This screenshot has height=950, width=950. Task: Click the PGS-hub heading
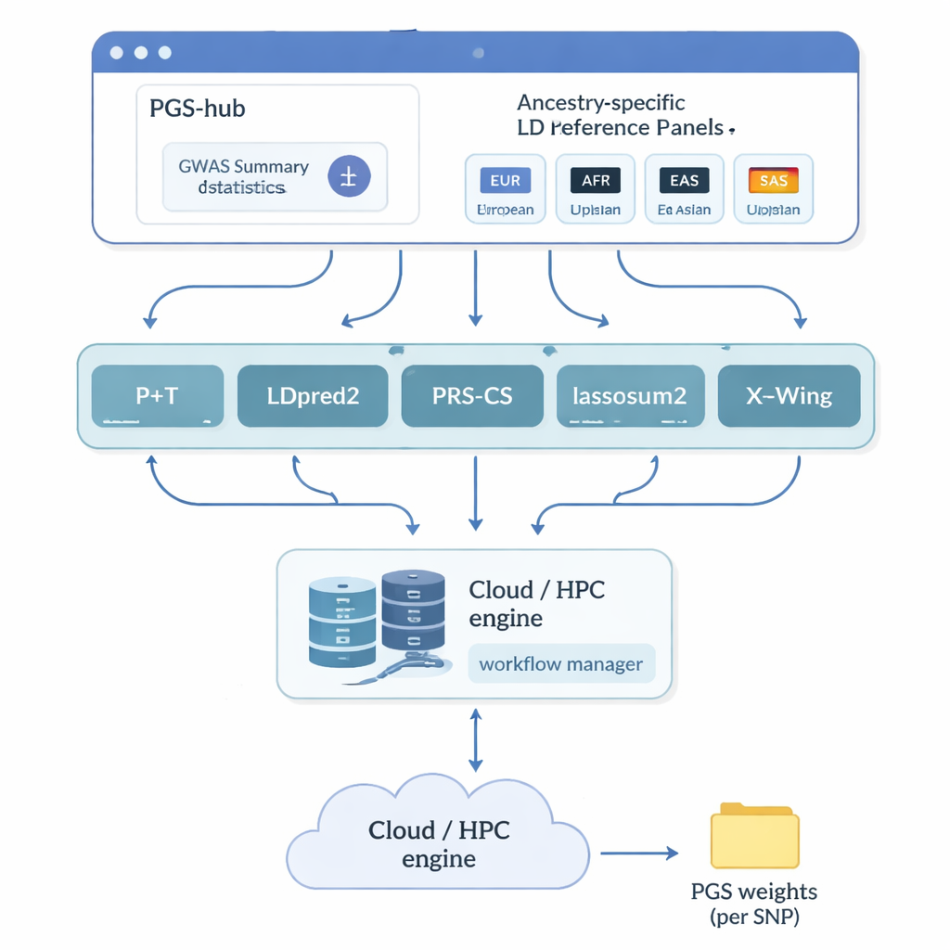(x=198, y=109)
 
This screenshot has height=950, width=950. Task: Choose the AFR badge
(x=595, y=180)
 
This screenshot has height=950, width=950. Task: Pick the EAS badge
(x=684, y=180)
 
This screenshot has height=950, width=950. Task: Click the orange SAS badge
(x=773, y=180)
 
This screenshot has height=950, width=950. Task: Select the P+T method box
(x=158, y=396)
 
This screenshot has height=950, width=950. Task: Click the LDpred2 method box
(x=313, y=396)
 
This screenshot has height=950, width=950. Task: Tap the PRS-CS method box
(x=472, y=396)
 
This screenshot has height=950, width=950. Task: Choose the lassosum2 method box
(x=631, y=396)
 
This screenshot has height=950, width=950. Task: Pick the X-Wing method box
(x=789, y=396)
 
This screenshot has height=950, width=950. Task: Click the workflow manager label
(x=561, y=664)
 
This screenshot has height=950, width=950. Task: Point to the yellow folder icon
(x=754, y=836)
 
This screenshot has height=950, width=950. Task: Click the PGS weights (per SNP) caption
(x=754, y=904)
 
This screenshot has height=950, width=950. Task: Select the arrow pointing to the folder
(x=639, y=853)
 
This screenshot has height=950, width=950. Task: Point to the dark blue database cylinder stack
(x=413, y=612)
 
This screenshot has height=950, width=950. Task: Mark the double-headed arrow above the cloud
(x=475, y=740)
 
